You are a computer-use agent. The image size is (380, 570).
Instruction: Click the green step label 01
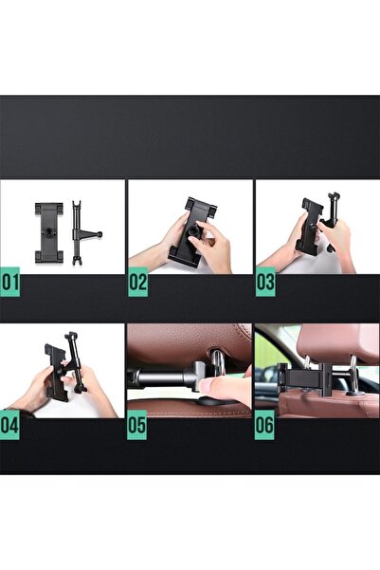tap(9, 282)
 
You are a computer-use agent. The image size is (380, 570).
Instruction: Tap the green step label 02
tap(137, 282)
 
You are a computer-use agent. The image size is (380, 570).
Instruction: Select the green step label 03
tap(265, 282)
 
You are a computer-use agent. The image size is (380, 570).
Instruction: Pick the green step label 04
tap(9, 425)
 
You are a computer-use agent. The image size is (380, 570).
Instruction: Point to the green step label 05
tap(136, 425)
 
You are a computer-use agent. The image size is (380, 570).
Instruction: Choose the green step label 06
tap(264, 425)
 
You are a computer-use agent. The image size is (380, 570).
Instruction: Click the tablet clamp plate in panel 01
tap(49, 232)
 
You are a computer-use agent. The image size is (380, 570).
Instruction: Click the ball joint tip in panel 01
tap(100, 234)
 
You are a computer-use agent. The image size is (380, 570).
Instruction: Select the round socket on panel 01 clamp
tap(48, 231)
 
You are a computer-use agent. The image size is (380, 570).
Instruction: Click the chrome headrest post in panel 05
tap(218, 359)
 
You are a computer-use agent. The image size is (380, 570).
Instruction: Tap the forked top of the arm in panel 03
tap(335, 197)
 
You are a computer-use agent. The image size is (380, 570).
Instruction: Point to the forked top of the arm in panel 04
tap(70, 337)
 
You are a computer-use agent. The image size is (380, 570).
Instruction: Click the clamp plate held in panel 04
tap(56, 372)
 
